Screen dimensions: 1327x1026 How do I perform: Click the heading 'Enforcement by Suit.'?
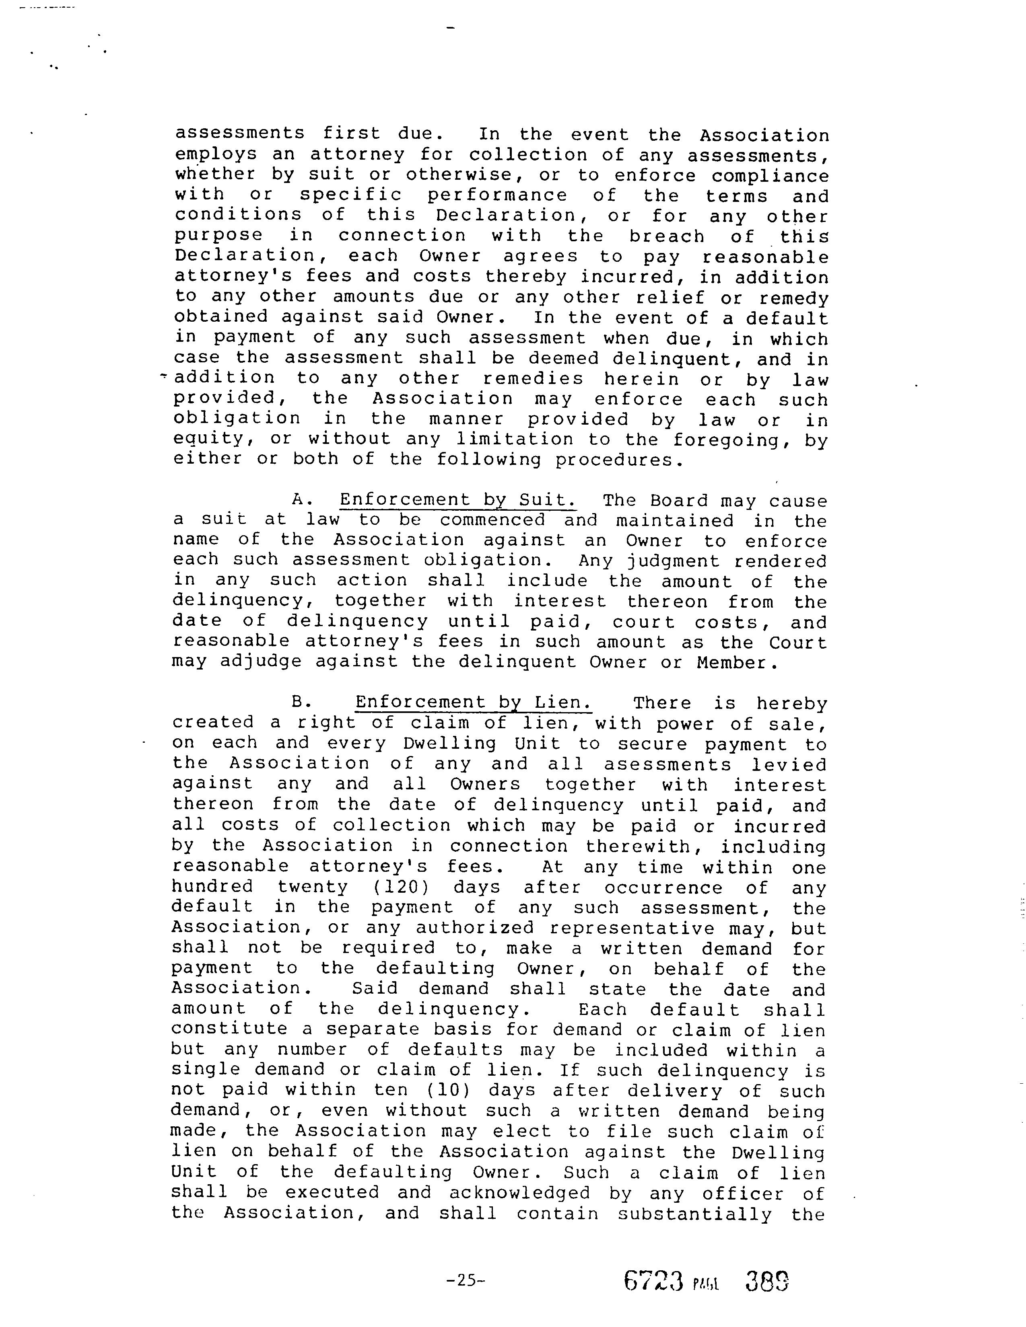coord(458,500)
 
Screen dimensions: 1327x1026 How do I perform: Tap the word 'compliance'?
coord(770,176)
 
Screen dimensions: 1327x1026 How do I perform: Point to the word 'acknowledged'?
coord(520,1193)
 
